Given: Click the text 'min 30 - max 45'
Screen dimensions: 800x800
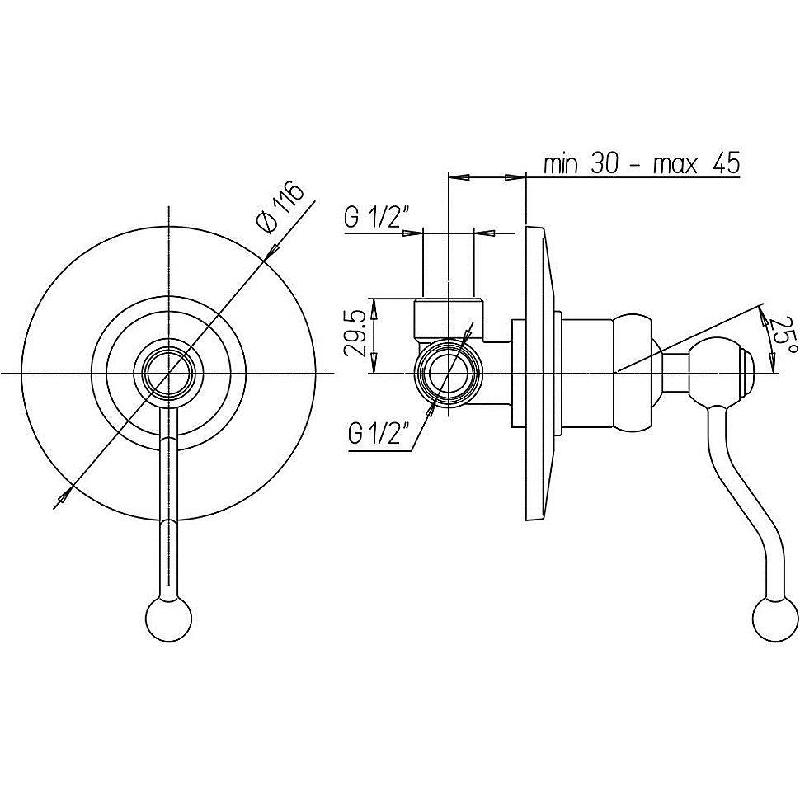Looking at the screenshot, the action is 642,164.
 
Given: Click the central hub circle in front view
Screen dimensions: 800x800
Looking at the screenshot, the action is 169,373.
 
